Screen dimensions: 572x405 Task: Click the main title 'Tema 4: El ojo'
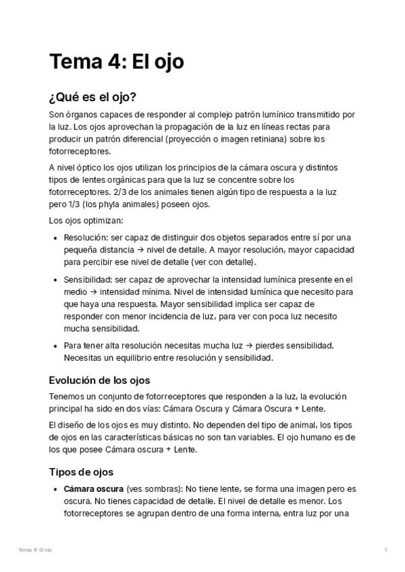tap(116, 62)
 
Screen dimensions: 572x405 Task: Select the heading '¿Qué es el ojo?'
tap(93, 97)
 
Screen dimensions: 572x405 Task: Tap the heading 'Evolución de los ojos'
tap(99, 380)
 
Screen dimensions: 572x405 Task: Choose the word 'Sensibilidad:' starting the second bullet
tap(89, 279)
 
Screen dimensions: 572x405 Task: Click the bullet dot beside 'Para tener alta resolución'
tap(55, 346)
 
